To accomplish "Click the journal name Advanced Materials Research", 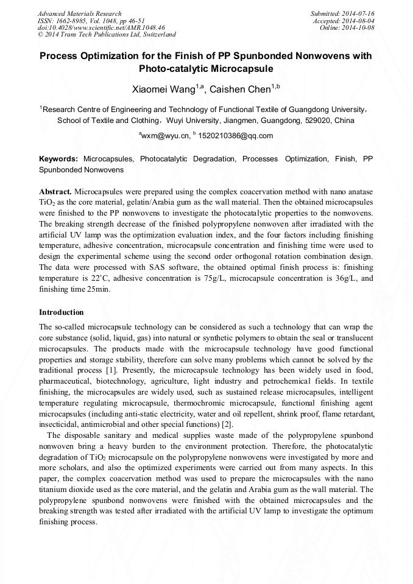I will [80, 13].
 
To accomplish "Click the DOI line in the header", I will [101, 27].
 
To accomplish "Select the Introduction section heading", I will [62, 312].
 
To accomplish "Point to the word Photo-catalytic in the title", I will [176, 69].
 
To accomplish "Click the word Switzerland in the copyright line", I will [157, 35].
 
